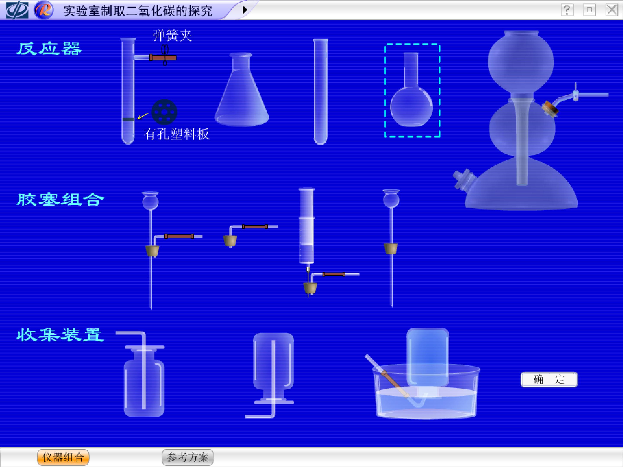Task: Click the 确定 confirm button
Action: [549, 379]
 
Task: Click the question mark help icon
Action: [567, 10]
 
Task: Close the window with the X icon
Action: [612, 10]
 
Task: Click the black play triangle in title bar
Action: [245, 10]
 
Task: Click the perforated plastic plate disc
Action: [164, 112]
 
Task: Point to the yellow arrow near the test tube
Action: [143, 116]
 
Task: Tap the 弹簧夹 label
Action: [172, 36]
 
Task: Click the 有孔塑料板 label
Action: [177, 134]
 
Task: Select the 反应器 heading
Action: [49, 49]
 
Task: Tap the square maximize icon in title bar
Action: [589, 10]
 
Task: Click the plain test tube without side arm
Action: [321, 92]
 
